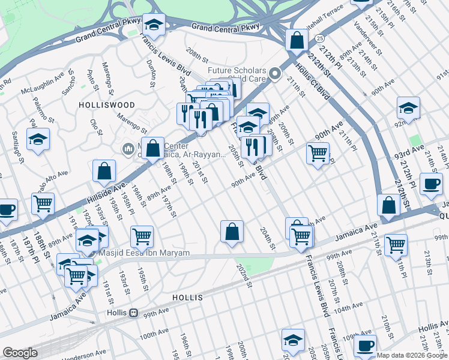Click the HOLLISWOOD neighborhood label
coord(98,104)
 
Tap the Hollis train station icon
coord(134,313)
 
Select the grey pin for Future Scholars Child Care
coord(276,74)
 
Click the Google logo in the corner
coord(20,353)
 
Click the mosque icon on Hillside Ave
coord(127,148)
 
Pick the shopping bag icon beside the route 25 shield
coord(296,41)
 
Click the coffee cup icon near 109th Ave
coord(364,346)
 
